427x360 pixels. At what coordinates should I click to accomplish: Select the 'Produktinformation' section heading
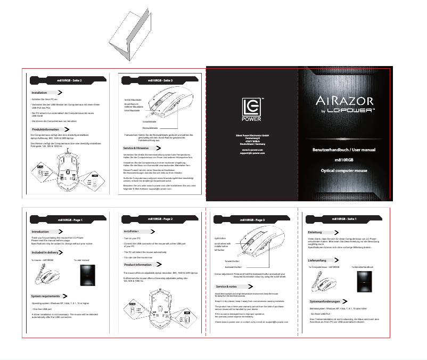coord(46,129)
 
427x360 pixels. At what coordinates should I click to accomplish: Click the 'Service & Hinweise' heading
coord(136,148)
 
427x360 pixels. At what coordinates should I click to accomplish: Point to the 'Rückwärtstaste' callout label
coord(135,128)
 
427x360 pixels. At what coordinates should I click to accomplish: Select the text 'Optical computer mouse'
coord(343,171)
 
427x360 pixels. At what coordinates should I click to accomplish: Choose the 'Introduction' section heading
coord(41,232)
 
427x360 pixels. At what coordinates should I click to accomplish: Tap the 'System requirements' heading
coord(46,296)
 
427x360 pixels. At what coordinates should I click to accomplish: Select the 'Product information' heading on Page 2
coord(138,264)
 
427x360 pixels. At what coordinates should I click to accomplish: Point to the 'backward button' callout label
coord(233,267)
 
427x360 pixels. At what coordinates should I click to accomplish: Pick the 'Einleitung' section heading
coord(315,232)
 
